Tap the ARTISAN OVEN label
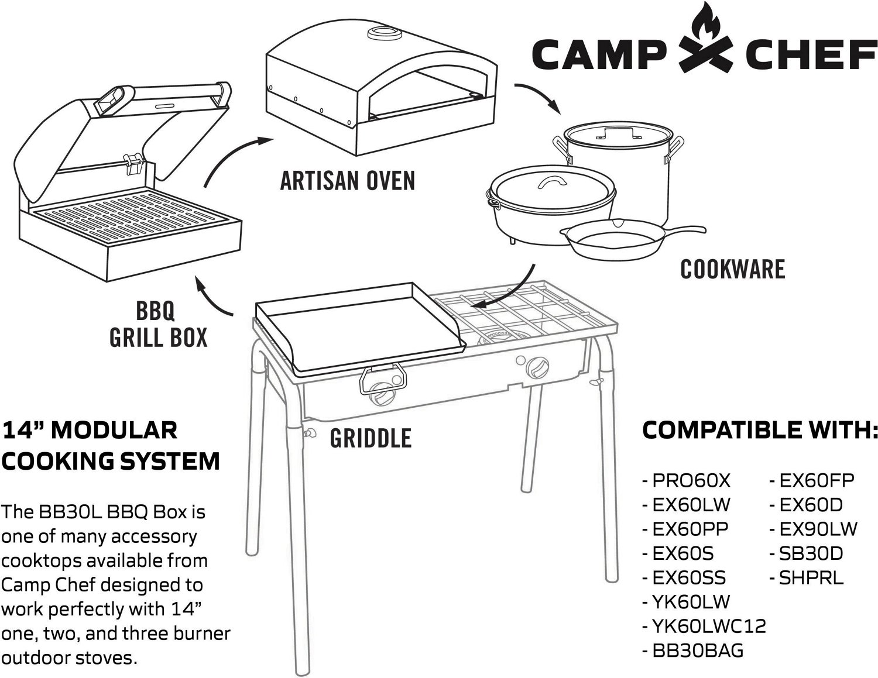pyautogui.click(x=348, y=181)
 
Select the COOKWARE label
pyautogui.click(x=732, y=269)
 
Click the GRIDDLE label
pyautogui.click(x=371, y=438)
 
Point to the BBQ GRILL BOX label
pyautogui.click(x=158, y=324)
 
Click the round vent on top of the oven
pyautogui.click(x=384, y=33)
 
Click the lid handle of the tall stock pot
pyautogui.click(x=618, y=133)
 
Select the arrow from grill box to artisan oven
pyautogui.click(x=231, y=153)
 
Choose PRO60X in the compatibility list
pyautogui.click(x=687, y=480)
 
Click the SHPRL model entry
pyautogui.click(x=807, y=578)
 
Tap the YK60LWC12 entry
pyautogui.click(x=704, y=627)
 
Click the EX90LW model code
pyautogui.click(x=814, y=529)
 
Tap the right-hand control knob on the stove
pyautogui.click(x=537, y=367)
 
